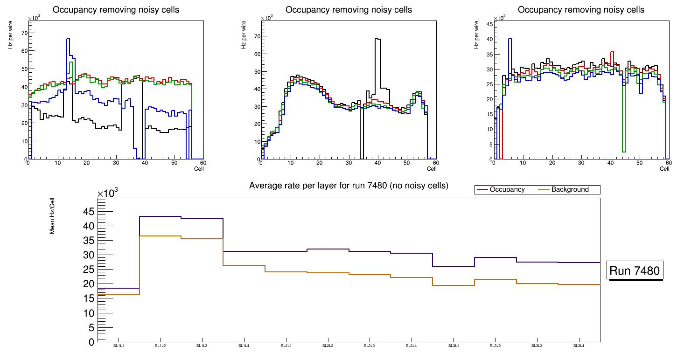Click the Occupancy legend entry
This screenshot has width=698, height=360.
click(x=507, y=190)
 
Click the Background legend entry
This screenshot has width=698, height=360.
click(x=570, y=190)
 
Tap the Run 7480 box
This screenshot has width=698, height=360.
click(x=635, y=270)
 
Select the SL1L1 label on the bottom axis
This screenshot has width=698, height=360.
click(x=119, y=346)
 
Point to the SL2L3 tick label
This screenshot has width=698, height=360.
click(x=370, y=346)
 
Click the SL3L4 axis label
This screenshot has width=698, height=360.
click(x=579, y=346)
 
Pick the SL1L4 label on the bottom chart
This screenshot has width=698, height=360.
click(x=244, y=346)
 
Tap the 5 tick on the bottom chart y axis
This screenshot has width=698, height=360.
click(x=91, y=328)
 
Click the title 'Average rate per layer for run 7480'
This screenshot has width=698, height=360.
click(x=349, y=186)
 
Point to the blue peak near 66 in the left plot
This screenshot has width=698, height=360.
click(x=68, y=39)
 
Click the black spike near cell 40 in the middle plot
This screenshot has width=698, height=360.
click(x=377, y=40)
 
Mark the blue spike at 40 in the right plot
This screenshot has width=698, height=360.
click(x=510, y=40)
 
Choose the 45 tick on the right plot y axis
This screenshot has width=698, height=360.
click(x=490, y=24)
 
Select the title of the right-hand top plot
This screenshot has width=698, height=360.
click(x=581, y=9)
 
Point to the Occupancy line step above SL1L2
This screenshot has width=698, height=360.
click(x=160, y=216)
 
